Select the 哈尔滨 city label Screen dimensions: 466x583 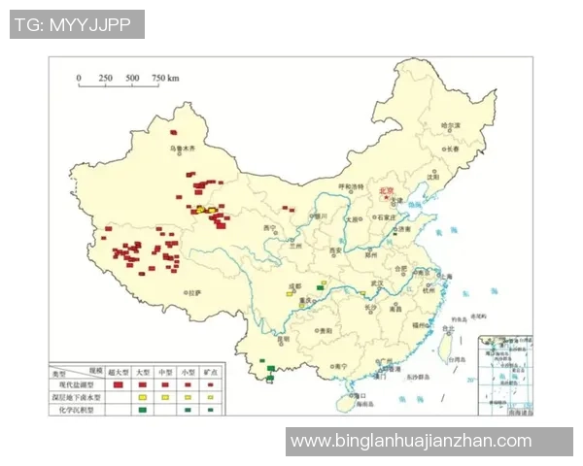click(449, 125)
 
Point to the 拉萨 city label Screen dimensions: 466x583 click(194, 291)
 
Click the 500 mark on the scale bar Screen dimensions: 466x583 click(132, 78)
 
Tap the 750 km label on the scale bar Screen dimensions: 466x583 click(165, 78)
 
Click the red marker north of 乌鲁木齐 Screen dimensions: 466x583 click(174, 132)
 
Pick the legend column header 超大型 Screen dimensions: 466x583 click(117, 372)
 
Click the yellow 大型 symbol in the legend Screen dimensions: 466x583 click(142, 398)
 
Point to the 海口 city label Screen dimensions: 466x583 click(360, 396)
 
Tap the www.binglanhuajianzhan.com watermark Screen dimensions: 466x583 click(411, 441)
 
